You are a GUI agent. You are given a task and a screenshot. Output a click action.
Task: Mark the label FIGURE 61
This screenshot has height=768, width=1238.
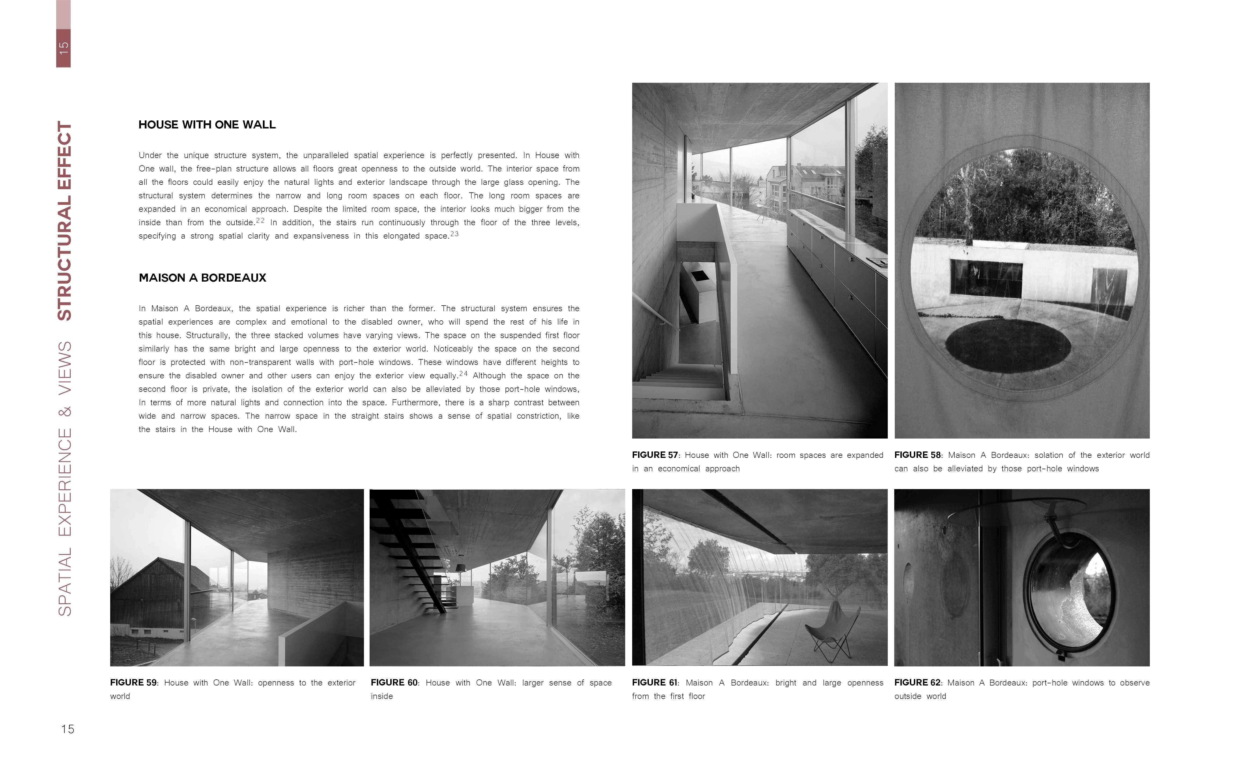tap(655, 683)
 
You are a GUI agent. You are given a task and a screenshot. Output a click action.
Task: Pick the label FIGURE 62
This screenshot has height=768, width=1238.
tap(917, 683)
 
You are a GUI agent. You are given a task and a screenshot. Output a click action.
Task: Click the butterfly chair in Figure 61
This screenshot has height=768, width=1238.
tap(833, 630)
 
